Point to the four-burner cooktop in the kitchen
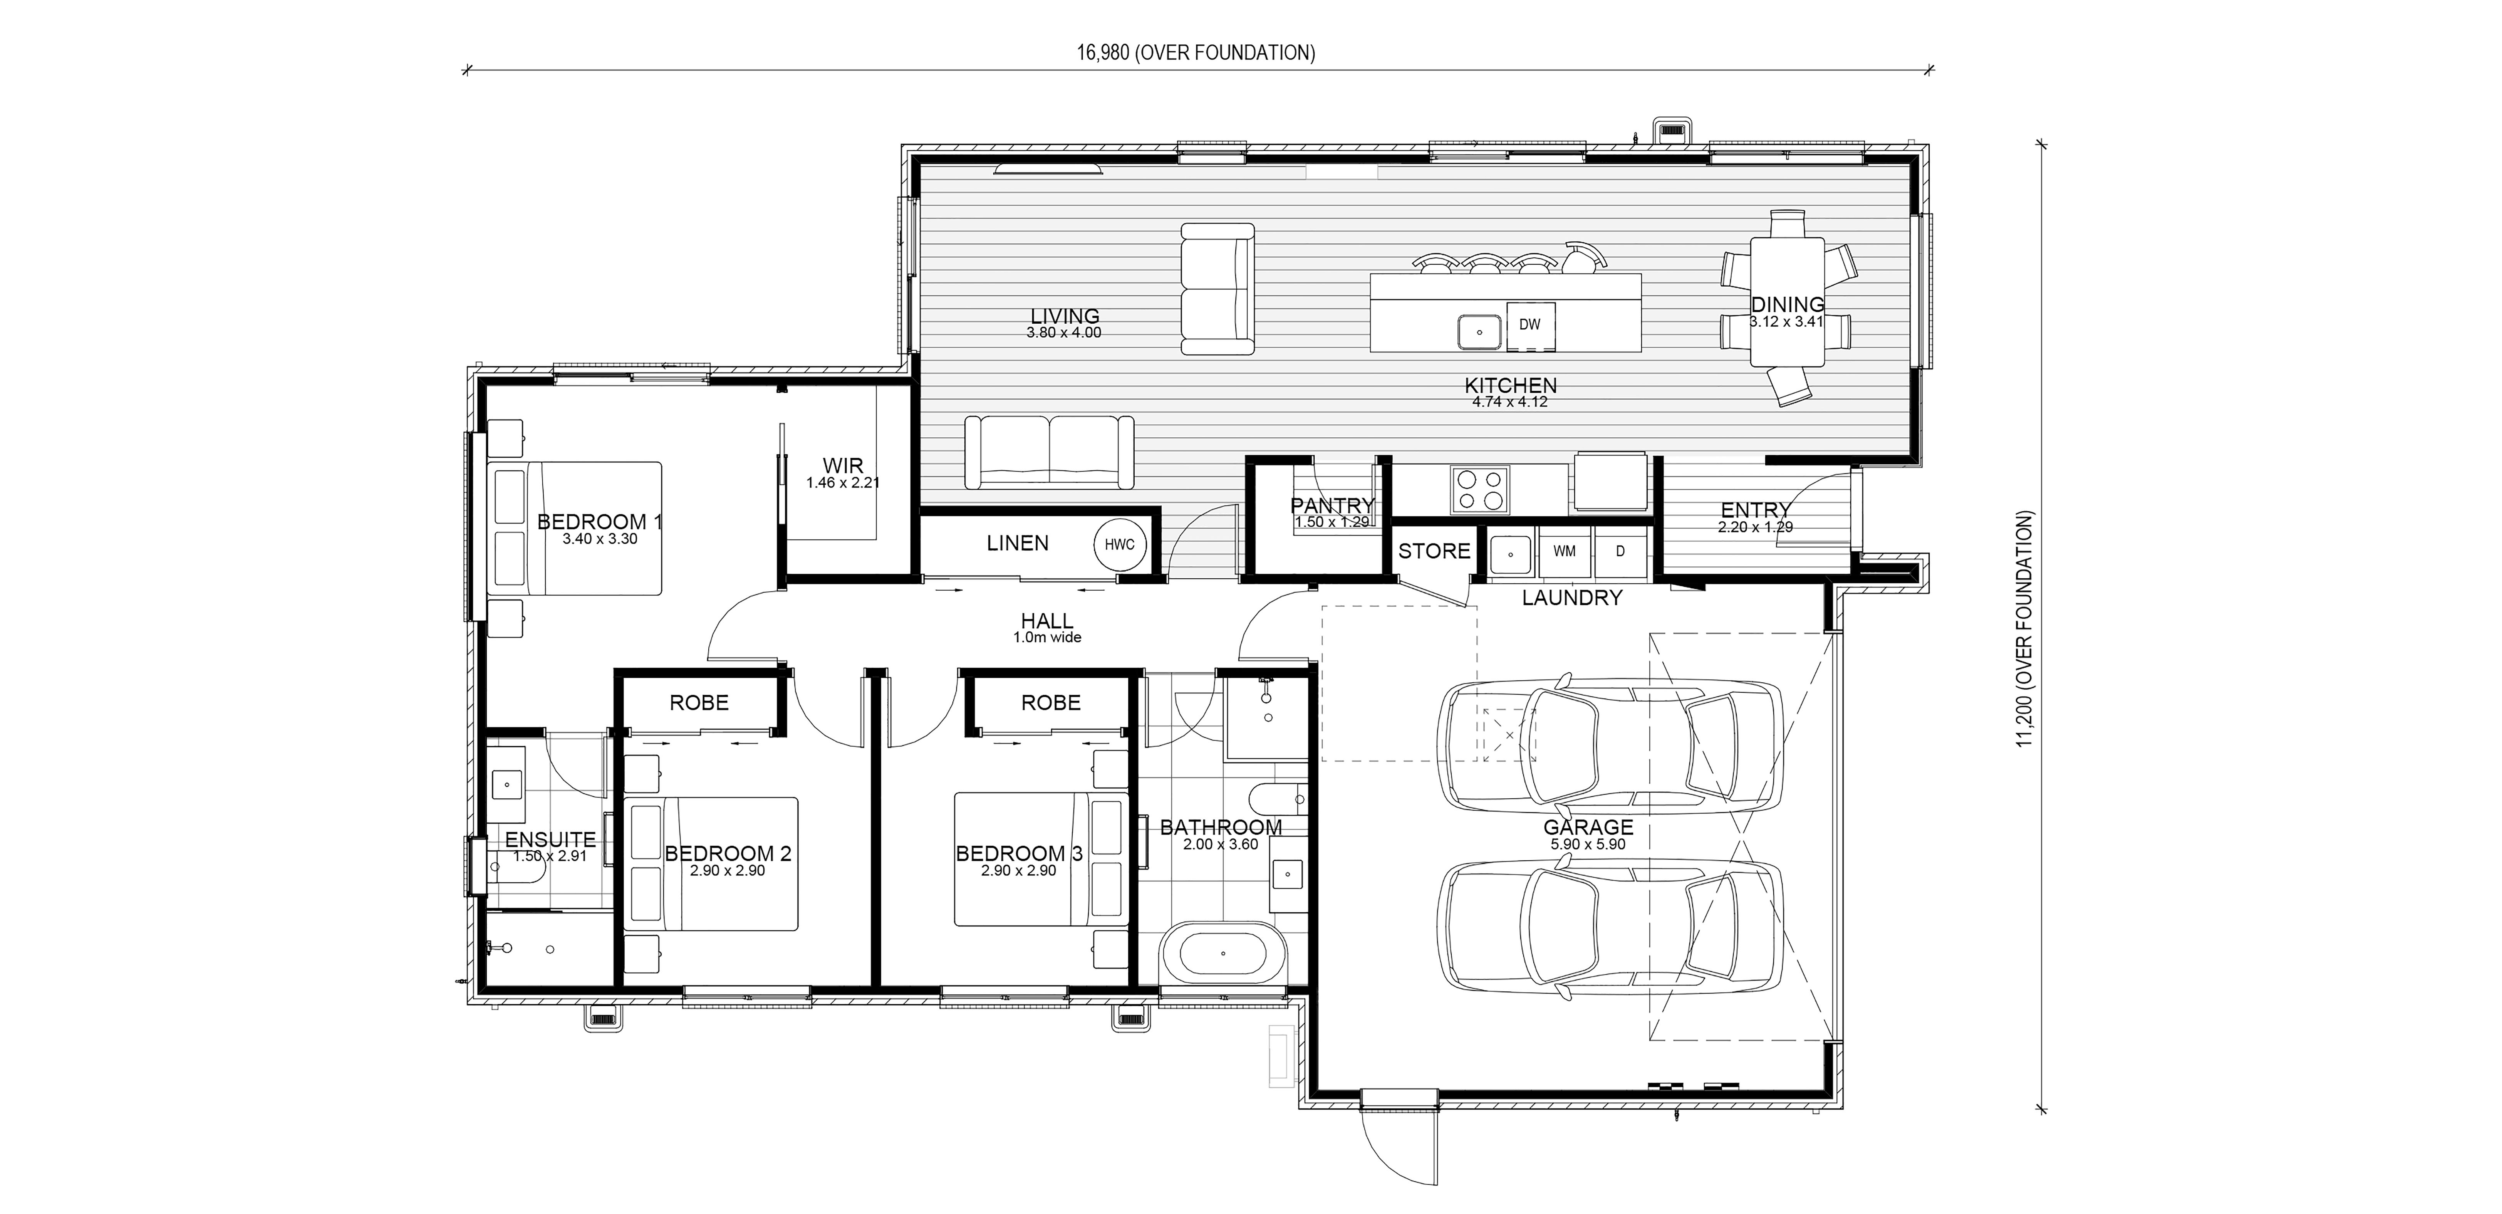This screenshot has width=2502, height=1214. (1480, 489)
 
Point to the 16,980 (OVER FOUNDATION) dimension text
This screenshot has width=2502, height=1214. (1196, 52)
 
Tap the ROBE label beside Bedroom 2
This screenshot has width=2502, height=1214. (699, 702)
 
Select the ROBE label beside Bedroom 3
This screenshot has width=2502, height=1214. (1051, 702)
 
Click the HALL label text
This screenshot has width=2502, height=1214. (1047, 621)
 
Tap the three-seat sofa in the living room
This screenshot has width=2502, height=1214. (1049, 452)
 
